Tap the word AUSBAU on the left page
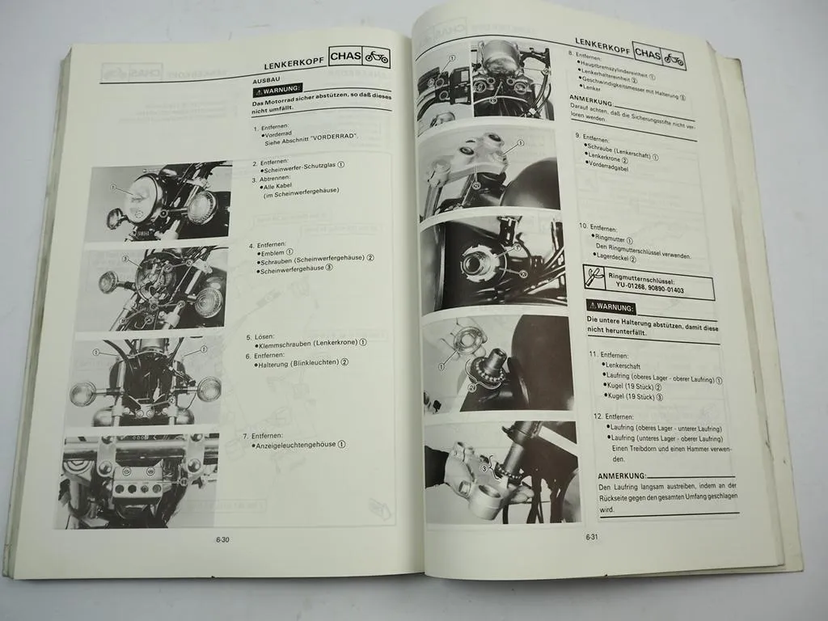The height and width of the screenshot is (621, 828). [x=267, y=82]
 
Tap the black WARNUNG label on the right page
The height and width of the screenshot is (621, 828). [x=612, y=309]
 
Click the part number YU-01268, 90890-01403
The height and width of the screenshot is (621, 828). [x=648, y=290]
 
